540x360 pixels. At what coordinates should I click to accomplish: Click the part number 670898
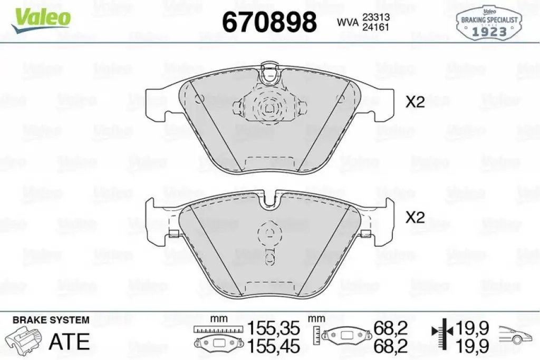coord(269,22)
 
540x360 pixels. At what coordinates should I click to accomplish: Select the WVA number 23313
coord(375,17)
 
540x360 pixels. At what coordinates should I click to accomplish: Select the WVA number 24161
coord(375,27)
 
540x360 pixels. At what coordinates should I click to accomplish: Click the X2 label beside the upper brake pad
coord(415,102)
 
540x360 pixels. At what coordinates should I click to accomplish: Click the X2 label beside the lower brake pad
coord(415,218)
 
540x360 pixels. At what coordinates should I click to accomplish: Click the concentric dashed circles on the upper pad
coord(268,108)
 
